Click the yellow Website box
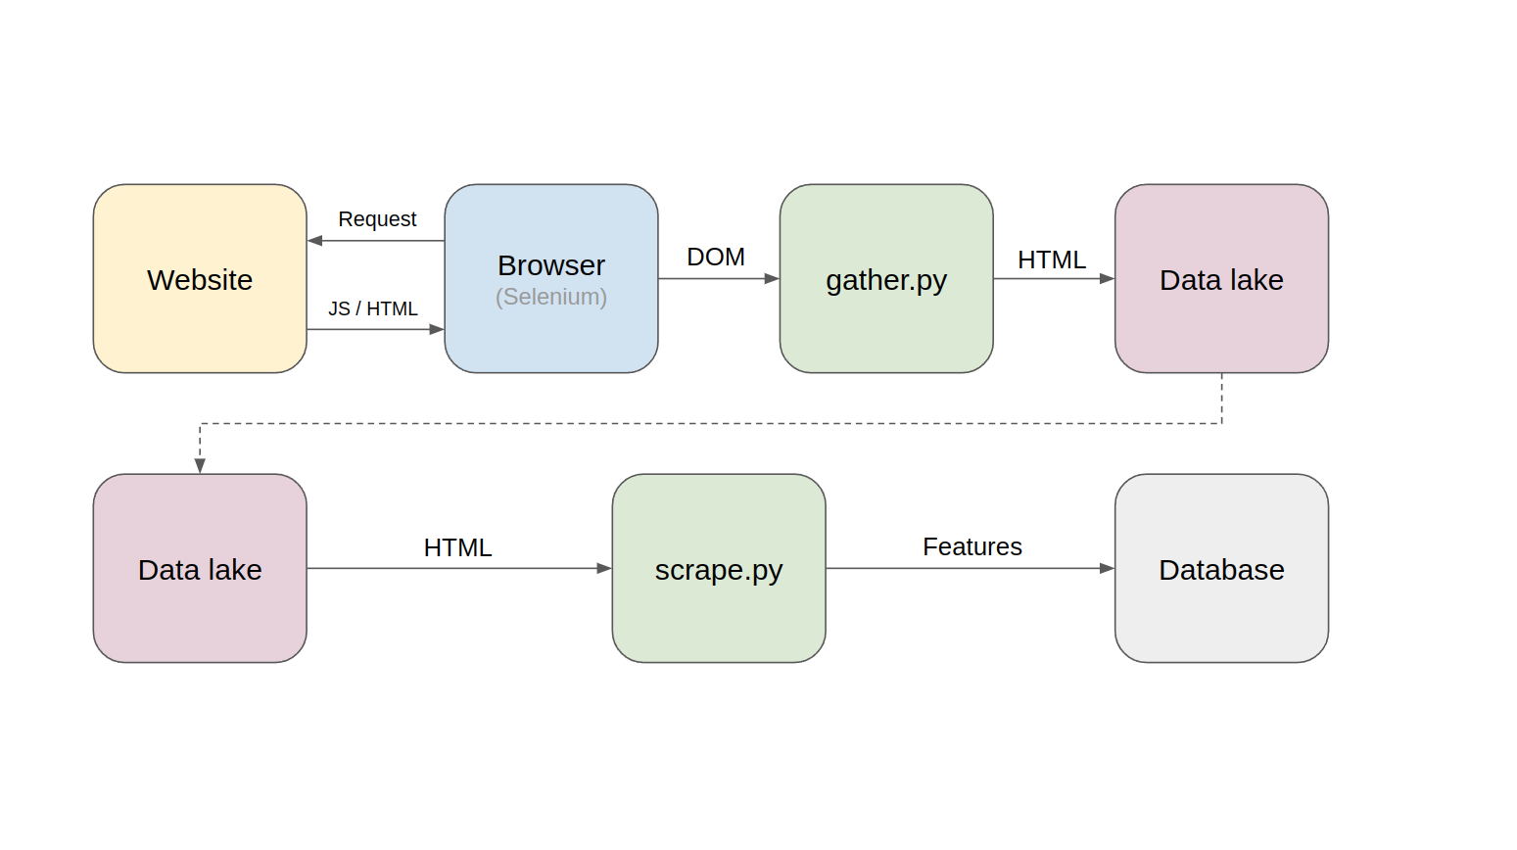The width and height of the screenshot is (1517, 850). (x=200, y=279)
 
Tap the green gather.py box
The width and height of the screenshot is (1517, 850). (x=885, y=279)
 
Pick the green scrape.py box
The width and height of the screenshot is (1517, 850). (x=718, y=569)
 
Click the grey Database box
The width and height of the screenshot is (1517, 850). (x=1220, y=569)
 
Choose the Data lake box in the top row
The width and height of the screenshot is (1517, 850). (x=1220, y=279)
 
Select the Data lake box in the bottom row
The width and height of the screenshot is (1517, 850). (x=200, y=569)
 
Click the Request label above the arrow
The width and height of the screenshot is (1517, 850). (x=377, y=219)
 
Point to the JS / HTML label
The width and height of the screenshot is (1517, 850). (x=372, y=309)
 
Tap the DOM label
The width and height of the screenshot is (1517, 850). (x=715, y=258)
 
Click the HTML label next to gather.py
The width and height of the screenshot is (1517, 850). (x=1051, y=260)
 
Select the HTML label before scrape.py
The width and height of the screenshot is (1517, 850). (x=457, y=548)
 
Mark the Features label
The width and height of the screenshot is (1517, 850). (x=972, y=547)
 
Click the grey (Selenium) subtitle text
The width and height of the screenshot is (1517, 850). (x=550, y=297)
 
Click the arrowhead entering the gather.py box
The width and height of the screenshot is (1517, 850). (x=772, y=279)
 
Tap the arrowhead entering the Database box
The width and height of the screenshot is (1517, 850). (x=1107, y=568)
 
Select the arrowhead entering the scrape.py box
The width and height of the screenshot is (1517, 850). (x=604, y=568)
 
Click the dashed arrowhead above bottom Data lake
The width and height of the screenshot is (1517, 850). (x=200, y=466)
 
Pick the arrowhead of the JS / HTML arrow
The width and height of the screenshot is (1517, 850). (x=437, y=330)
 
